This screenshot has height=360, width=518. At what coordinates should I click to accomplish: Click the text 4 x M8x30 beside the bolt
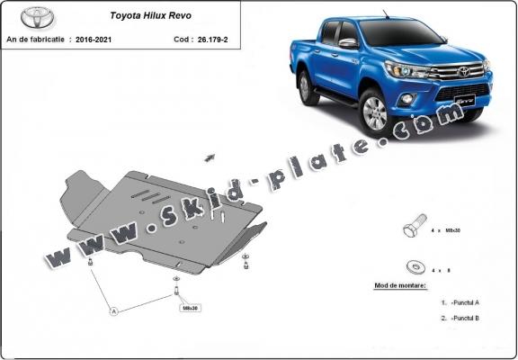coord(455,230)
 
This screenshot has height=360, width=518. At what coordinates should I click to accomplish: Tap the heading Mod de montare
coord(400,285)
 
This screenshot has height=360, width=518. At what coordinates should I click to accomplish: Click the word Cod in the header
coord(181,40)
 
